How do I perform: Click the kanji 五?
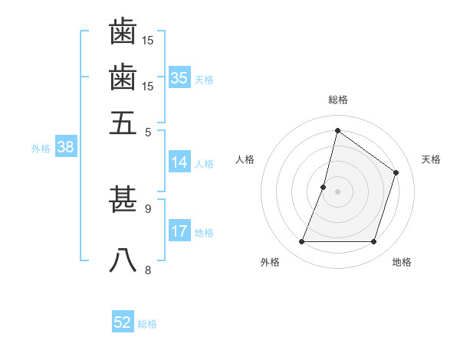pos(123,122)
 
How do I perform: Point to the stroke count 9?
pos(148,208)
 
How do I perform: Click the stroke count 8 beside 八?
pos(148,270)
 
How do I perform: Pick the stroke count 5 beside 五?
pos(148,131)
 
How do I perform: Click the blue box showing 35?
pos(179,78)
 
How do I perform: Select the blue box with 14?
pos(179,162)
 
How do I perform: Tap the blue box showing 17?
pos(179,231)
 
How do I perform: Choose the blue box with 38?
pos(64,148)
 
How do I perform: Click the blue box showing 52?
pos(123,322)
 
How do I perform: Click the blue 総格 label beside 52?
pos(147,324)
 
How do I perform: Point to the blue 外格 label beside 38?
pos(41,149)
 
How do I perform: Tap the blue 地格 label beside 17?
pos(204,233)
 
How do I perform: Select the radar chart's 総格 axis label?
pos(337,100)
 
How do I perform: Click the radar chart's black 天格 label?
pos(431,159)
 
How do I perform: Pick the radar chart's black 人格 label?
pos(245,159)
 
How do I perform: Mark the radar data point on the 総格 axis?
pos(337,131)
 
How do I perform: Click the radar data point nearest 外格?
pos(301,242)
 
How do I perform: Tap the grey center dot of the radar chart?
pos(337,191)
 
